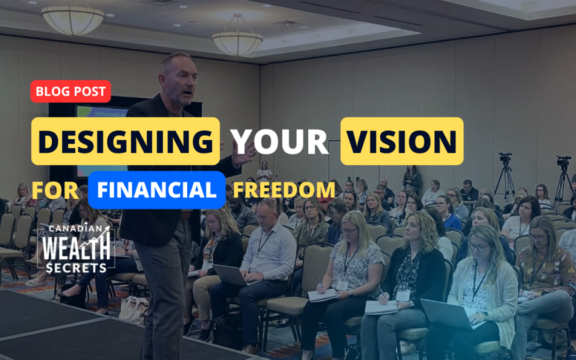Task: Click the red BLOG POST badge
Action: pos(71,91)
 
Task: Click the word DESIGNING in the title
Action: pos(125,141)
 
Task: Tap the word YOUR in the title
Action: pos(280,142)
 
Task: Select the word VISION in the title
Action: pos(402,141)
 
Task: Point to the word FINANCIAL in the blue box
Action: pos(156,190)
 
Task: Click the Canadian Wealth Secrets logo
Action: pos(77,248)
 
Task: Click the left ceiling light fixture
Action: pos(73,19)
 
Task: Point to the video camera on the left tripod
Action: pos(505,158)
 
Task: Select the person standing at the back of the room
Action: pos(264,171)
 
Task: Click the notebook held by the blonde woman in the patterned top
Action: pos(324,295)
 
